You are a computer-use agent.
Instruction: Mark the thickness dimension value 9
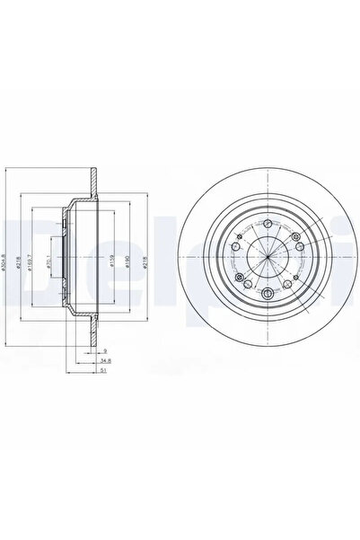click(x=106, y=350)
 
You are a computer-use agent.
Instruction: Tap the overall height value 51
click(x=106, y=368)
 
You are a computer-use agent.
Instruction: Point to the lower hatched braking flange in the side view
click(x=91, y=329)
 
